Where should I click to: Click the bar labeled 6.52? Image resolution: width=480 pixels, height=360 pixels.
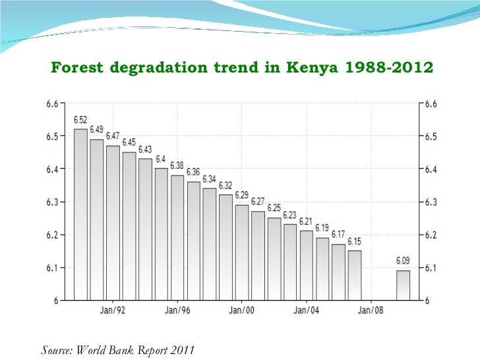(80, 214)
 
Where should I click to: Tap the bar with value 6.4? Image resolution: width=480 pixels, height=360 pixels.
(161, 234)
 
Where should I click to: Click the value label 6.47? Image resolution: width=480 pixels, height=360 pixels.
(113, 136)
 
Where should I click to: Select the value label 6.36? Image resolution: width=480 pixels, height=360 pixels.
(193, 172)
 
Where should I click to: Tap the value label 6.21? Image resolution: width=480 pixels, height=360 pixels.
(306, 221)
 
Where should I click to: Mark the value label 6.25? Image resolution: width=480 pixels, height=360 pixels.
(274, 208)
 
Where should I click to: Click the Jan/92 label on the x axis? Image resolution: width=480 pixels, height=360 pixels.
(113, 309)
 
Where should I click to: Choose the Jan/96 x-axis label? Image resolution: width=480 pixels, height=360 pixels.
(177, 309)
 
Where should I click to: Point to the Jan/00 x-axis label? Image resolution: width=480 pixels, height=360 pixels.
(242, 309)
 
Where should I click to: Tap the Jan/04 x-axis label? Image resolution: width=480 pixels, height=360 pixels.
(307, 309)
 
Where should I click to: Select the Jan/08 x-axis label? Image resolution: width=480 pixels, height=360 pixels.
(371, 309)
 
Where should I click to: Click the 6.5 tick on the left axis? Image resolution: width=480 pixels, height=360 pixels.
(52, 136)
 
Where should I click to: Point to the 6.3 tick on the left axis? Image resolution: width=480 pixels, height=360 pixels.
(52, 202)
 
